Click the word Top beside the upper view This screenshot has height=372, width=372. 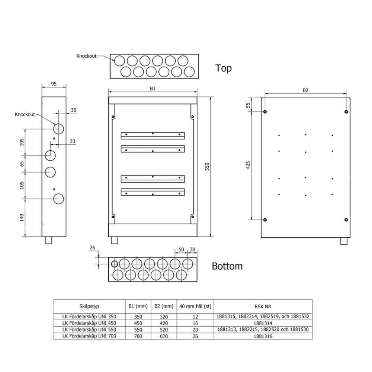pyautogui.click(x=223, y=68)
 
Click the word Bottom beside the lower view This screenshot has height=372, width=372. pyautogui.click(x=227, y=266)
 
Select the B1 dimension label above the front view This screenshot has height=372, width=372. pyautogui.click(x=153, y=89)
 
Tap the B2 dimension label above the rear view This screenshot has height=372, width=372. pyautogui.click(x=305, y=90)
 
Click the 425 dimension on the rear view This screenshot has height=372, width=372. pyautogui.click(x=248, y=165)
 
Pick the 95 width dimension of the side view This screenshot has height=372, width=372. pyautogui.click(x=54, y=84)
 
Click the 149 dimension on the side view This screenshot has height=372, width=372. pyautogui.click(x=22, y=217)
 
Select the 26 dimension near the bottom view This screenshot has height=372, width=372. pyautogui.click(x=93, y=248)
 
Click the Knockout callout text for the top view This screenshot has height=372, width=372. pyautogui.click(x=86, y=56)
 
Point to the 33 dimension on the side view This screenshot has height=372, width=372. pyautogui.click(x=72, y=141)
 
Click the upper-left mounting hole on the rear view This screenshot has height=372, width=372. pyautogui.click(x=265, y=112)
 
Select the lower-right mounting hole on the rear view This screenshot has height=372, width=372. pyautogui.click(x=346, y=220)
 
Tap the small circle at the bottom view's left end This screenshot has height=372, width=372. pyautogui.click(x=115, y=264)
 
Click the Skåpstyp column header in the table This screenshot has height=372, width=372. pyautogui.click(x=89, y=307)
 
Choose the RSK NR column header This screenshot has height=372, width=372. pyautogui.click(x=263, y=307)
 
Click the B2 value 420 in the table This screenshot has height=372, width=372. pyautogui.click(x=164, y=323)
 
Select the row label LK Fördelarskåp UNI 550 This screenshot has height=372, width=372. pyautogui.click(x=89, y=330)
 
